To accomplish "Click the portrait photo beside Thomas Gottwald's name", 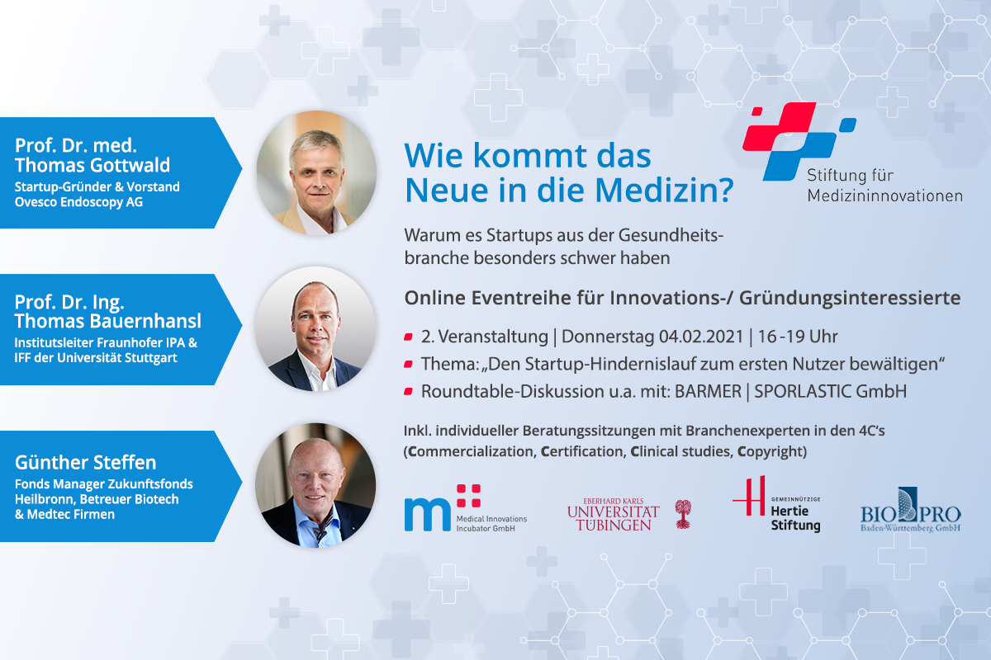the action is click(x=316, y=172).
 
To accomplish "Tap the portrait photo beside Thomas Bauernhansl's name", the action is click(x=315, y=328).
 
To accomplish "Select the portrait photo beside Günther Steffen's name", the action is click(x=315, y=485).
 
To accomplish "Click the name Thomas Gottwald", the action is click(x=92, y=165).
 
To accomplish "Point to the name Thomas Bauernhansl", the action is click(x=108, y=322).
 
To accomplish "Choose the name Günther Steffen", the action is click(x=85, y=463).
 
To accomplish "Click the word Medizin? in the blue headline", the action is click(x=665, y=191).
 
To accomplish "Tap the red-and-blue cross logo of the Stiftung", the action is click(x=799, y=141).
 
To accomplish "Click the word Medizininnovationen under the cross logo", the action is click(x=884, y=196).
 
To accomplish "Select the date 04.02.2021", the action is click(x=701, y=337).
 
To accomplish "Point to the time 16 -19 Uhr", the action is click(x=798, y=337).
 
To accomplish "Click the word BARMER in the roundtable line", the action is click(x=708, y=392).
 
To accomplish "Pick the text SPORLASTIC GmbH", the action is click(x=831, y=392).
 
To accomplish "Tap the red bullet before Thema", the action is click(x=408, y=365).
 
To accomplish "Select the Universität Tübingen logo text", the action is click(x=613, y=515).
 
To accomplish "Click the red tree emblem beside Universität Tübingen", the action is click(x=683, y=514).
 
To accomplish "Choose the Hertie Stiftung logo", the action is click(x=776, y=504).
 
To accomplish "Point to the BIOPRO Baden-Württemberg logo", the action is click(x=910, y=510).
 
